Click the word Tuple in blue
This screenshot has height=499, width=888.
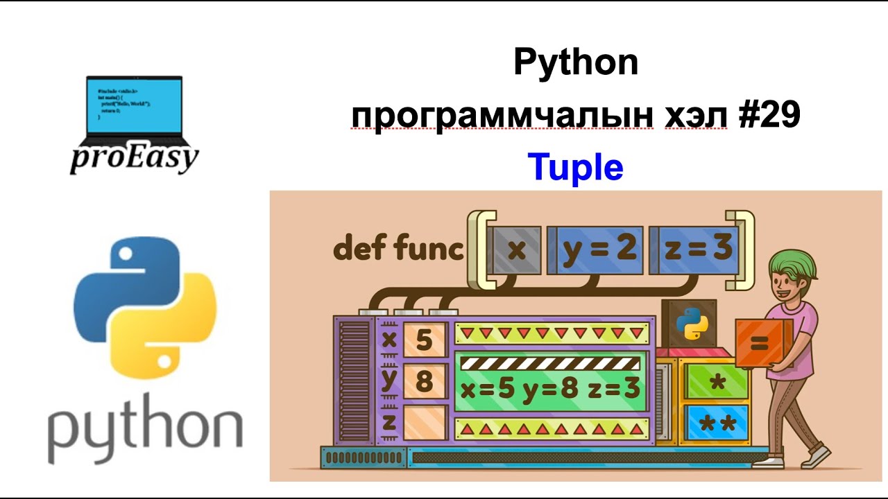[575, 167]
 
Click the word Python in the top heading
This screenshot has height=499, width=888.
[575, 64]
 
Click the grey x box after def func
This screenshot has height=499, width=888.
[515, 249]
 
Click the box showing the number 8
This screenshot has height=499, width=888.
[423, 382]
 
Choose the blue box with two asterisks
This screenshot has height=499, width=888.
[717, 423]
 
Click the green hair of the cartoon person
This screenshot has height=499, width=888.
[791, 267]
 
